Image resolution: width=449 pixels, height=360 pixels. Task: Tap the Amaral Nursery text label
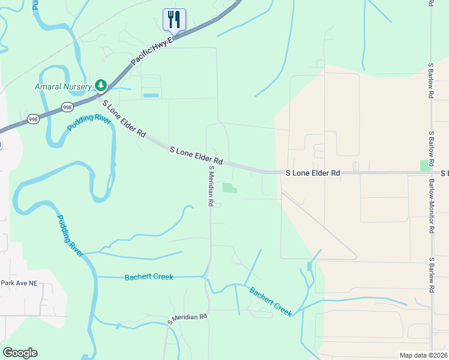63,85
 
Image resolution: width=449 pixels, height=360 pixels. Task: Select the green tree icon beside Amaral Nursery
101,85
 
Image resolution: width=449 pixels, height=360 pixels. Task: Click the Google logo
20,353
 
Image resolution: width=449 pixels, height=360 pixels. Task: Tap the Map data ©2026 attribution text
423,355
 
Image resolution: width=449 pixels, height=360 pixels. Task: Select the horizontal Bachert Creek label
149,277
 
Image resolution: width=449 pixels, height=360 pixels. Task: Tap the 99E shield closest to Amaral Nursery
67,107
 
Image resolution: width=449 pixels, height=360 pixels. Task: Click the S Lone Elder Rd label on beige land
312,173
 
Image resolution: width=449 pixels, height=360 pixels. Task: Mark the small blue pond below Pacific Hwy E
151,95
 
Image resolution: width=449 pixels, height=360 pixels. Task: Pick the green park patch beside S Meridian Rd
230,188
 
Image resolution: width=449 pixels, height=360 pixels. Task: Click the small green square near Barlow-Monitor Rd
426,165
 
